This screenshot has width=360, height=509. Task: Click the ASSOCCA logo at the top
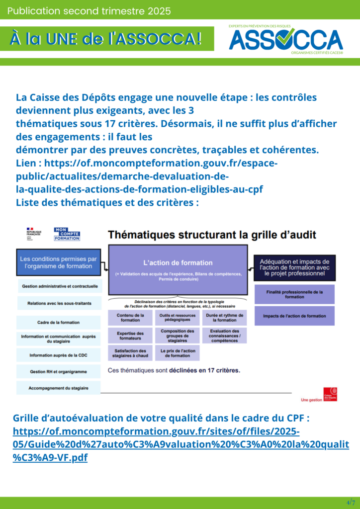[285, 40]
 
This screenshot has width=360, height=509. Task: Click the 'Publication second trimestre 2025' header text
[89, 10]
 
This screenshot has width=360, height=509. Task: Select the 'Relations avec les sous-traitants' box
[59, 303]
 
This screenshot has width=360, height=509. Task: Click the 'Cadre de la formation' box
[58, 323]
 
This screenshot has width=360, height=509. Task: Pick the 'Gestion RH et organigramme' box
[59, 371]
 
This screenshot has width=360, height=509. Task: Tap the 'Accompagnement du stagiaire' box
[59, 388]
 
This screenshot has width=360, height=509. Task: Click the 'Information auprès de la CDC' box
[59, 355]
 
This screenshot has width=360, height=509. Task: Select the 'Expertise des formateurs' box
[130, 336]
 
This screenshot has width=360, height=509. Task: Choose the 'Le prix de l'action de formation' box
[177, 353]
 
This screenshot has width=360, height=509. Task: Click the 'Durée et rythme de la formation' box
[225, 318]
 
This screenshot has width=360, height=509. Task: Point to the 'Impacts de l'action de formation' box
[294, 316]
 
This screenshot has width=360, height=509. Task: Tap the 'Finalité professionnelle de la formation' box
[294, 294]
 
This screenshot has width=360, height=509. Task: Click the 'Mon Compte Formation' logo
[67, 234]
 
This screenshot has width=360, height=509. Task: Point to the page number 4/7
[351, 502]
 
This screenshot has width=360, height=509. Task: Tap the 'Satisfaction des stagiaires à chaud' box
[130, 353]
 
